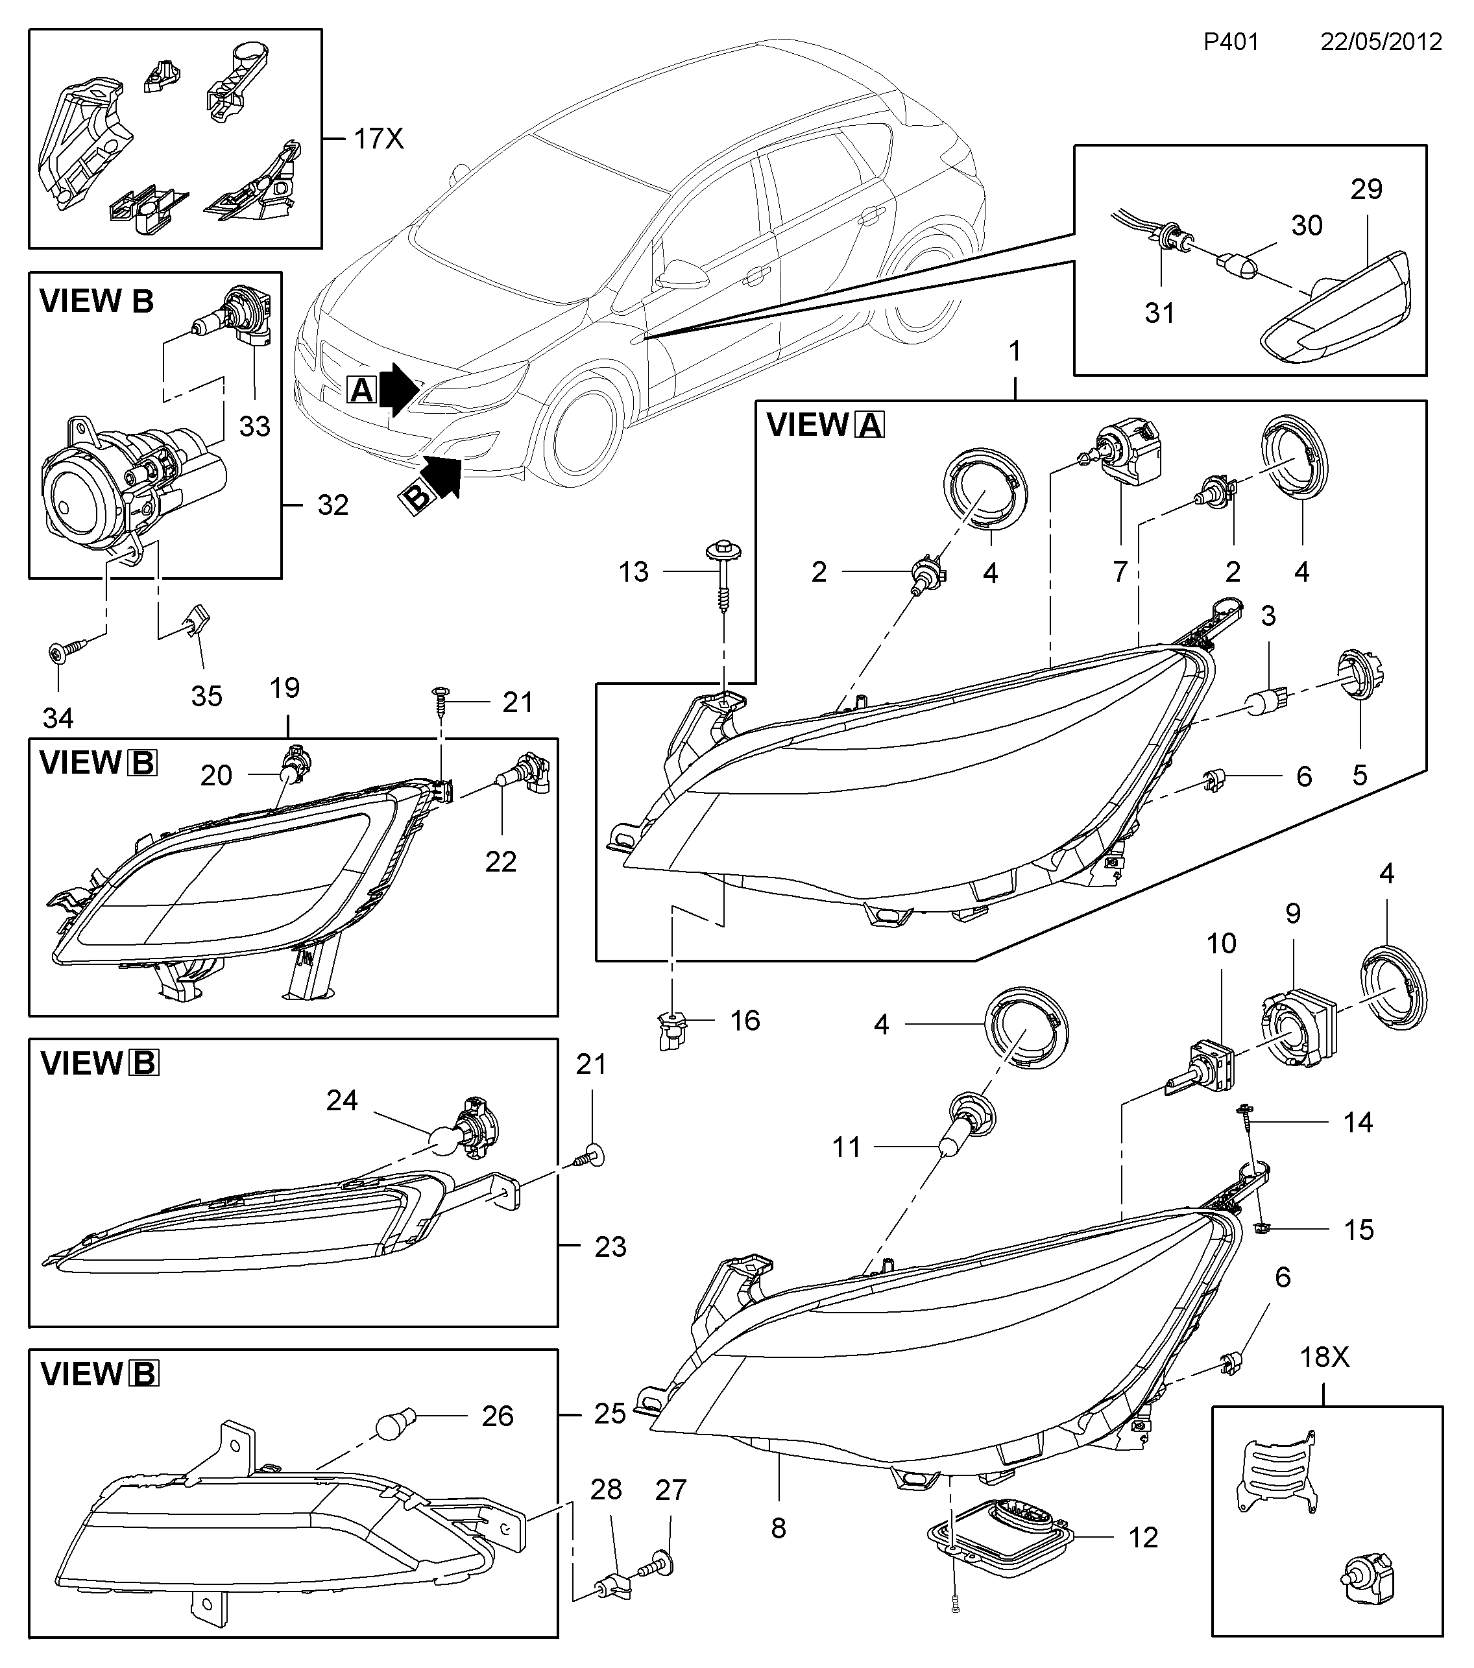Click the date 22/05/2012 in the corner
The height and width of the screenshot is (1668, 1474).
[1381, 42]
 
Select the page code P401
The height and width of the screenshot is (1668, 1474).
[1231, 42]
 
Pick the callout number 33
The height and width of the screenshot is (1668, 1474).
[255, 426]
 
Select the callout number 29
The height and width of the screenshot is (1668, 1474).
[1366, 189]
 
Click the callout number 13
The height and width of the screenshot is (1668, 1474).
[633, 572]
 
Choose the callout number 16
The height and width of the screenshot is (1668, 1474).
[744, 1021]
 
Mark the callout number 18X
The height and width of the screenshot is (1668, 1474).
[1325, 1357]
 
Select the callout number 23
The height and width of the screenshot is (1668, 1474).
[610, 1247]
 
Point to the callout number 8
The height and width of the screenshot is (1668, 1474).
[779, 1529]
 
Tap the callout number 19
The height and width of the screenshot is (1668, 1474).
[285, 688]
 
